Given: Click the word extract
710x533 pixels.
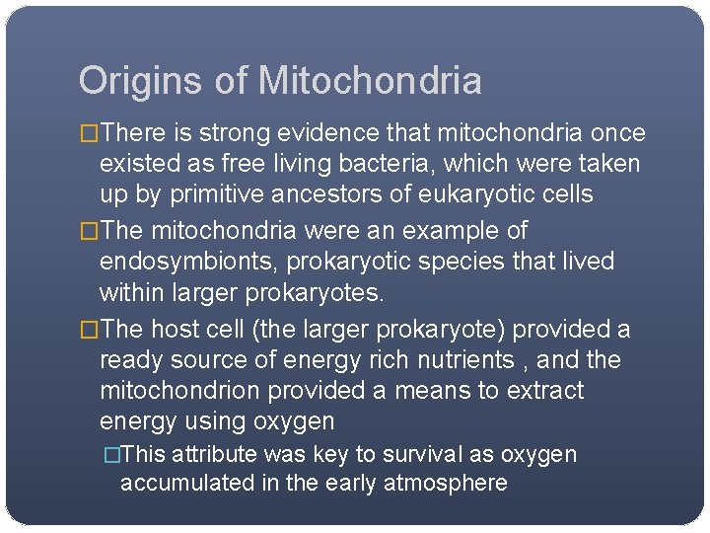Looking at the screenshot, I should (x=545, y=391).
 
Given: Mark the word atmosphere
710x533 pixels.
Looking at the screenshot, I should (x=449, y=484).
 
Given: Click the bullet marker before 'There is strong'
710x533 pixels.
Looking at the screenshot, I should (x=90, y=133).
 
